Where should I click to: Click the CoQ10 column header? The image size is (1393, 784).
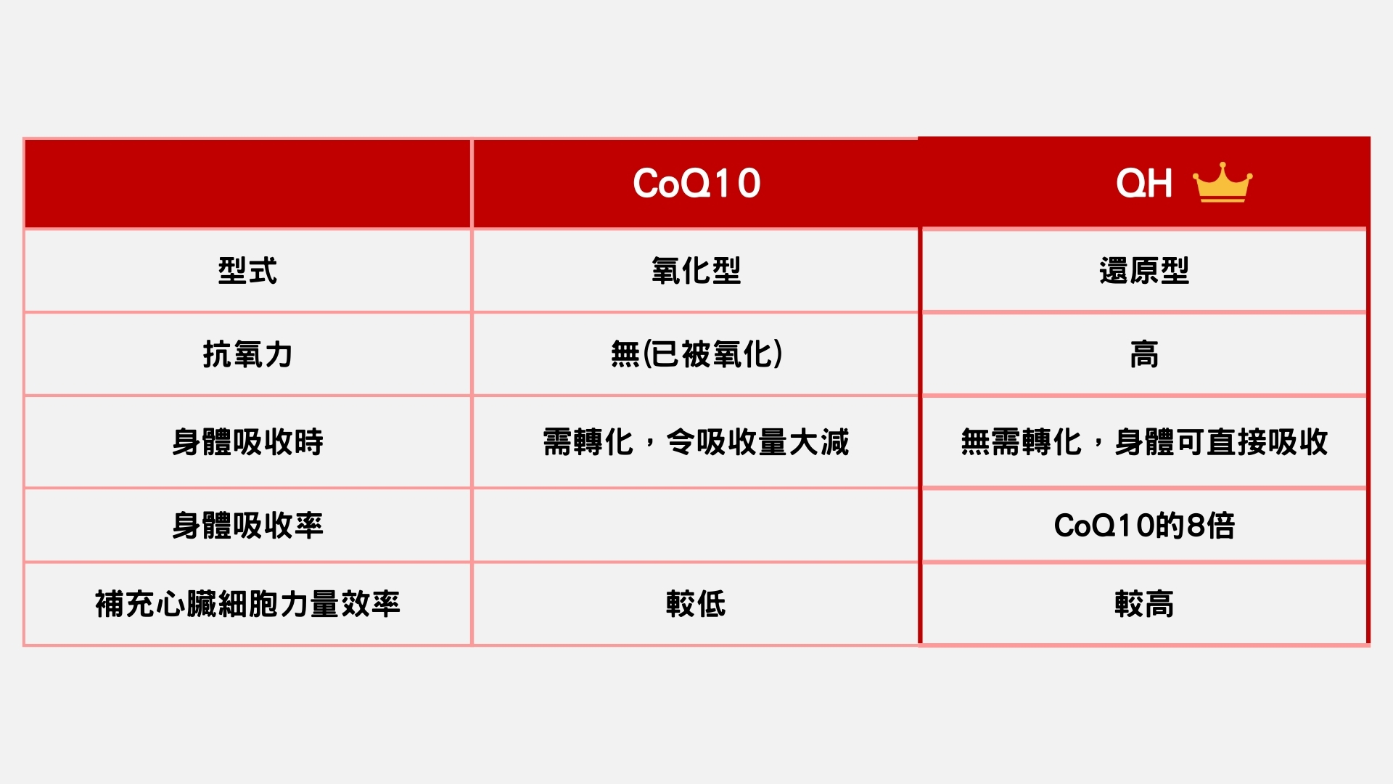click(696, 183)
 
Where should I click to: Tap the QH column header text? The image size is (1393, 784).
click(1144, 183)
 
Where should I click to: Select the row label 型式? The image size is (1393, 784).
click(247, 271)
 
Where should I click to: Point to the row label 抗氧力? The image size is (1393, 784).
click(247, 354)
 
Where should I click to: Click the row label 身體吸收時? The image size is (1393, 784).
click(247, 442)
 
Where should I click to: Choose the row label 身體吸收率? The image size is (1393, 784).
click(247, 526)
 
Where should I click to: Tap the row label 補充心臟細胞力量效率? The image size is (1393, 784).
click(247, 604)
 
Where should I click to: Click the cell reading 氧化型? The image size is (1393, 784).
click(696, 271)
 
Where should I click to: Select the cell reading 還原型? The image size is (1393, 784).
click(1144, 271)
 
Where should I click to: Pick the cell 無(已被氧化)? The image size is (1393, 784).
click(696, 354)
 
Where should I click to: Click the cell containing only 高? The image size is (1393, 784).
click(1144, 354)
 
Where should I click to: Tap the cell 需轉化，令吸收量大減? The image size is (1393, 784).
click(696, 442)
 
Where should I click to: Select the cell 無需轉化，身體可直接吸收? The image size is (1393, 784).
click(1144, 442)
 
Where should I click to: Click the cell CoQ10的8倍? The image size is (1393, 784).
click(1144, 526)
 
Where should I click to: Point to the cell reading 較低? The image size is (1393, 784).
click(696, 604)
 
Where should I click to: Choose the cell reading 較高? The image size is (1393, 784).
click(1144, 604)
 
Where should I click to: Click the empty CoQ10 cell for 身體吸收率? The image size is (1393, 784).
click(696, 526)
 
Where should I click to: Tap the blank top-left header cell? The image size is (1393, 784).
click(247, 183)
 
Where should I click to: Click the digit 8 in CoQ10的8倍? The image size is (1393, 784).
click(1195, 526)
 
